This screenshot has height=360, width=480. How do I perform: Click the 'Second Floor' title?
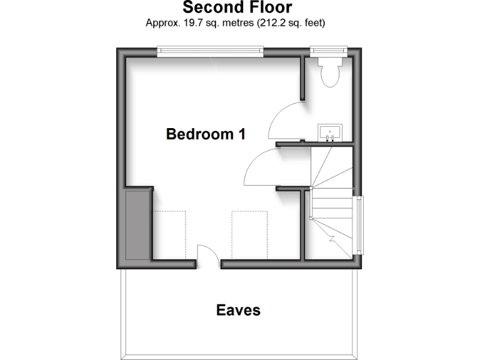coord(237,7)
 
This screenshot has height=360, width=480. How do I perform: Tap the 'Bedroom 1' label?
coord(205,134)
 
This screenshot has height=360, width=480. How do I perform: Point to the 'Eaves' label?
coord(237,310)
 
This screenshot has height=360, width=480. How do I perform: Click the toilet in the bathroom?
coord(329,72)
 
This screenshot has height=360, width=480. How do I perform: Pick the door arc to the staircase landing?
coord(259,166)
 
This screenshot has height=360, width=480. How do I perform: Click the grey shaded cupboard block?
coord(137,225)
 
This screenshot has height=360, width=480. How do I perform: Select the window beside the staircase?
coord(359,224)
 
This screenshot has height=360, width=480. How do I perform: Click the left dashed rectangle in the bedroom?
coord(170,235)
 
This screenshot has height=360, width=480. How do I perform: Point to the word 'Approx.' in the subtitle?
coord(162,23)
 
